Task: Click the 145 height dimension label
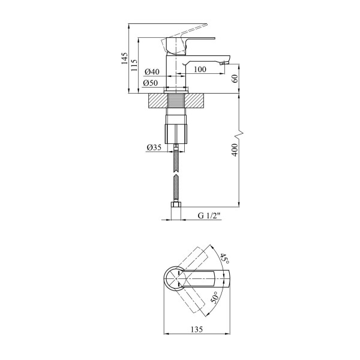pos(124,58)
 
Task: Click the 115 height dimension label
pos(134,65)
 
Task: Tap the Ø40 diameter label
pos(152,71)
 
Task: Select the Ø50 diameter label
pos(151,83)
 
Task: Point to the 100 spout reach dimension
pos(200,69)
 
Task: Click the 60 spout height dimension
pos(235,79)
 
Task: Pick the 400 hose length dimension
pos(235,150)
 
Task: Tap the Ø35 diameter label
pos(154,148)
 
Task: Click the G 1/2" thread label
pos(209,215)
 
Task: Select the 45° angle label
pos(224,259)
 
